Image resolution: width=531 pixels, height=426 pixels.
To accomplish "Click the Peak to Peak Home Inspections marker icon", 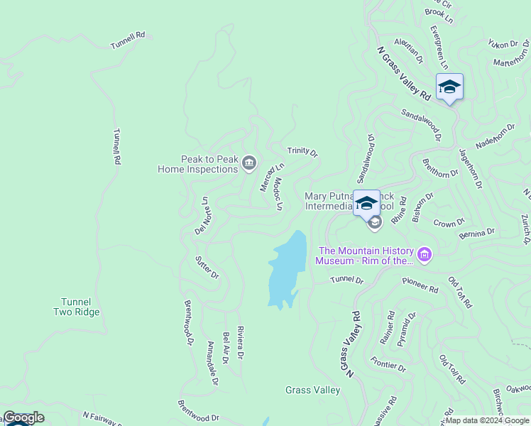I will tap(249, 164).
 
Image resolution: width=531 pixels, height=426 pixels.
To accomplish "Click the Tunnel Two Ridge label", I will tap(76, 307).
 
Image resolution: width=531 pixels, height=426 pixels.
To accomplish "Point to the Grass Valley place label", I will tap(312, 390).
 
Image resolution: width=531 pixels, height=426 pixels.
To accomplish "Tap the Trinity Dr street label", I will tap(302, 152).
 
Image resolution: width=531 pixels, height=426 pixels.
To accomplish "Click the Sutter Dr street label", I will tap(207, 266).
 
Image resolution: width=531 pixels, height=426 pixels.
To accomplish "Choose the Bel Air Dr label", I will tap(225, 348).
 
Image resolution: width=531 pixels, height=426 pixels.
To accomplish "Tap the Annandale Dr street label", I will tap(212, 363).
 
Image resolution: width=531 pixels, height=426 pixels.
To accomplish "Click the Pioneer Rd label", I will tap(420, 285).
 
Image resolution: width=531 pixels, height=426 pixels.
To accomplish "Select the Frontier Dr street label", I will tap(388, 366).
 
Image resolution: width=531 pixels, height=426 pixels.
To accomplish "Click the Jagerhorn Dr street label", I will tap(470, 168).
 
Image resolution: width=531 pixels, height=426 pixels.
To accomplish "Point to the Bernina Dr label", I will tap(476, 233).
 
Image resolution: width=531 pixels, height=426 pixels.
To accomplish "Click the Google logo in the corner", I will tap(23, 417).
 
